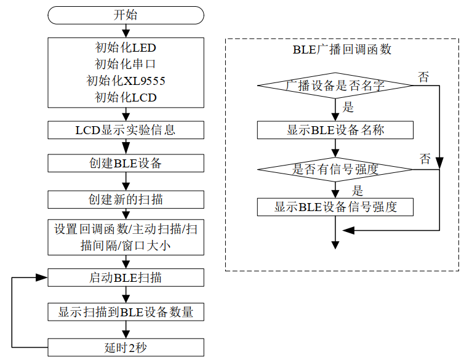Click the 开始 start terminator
[x=126, y=15]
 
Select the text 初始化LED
[x=126, y=47]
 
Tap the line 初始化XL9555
[x=126, y=81]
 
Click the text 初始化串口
[x=126, y=64]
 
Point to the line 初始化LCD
[x=126, y=97]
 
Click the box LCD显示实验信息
[x=126, y=130]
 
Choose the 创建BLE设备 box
[x=126, y=163]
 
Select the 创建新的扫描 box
[x=126, y=199]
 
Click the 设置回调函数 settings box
[x=126, y=237]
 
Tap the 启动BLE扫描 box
[x=126, y=278]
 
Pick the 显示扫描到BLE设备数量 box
[x=126, y=312]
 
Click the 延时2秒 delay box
[x=126, y=348]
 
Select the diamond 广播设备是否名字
[x=335, y=86]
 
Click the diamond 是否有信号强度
[x=335, y=169]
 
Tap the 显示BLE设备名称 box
[x=335, y=130]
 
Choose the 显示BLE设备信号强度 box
[x=335, y=207]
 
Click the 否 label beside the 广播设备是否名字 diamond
[x=424, y=77]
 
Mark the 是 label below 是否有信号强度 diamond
[x=358, y=191]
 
